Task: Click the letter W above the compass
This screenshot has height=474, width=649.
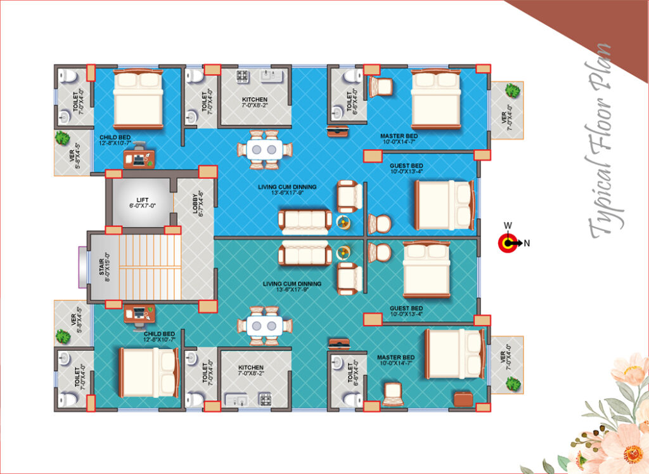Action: coord(508,225)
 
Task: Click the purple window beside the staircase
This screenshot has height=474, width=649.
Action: coord(82,266)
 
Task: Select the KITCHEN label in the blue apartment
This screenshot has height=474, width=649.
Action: coord(255,102)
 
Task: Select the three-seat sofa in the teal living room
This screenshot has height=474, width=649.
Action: coord(305,254)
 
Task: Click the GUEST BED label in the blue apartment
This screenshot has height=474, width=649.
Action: coord(406,167)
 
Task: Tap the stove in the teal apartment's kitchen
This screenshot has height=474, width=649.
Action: coord(264,399)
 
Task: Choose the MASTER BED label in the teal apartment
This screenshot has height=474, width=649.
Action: coord(395,360)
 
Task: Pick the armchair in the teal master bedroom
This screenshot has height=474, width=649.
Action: coord(393,394)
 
